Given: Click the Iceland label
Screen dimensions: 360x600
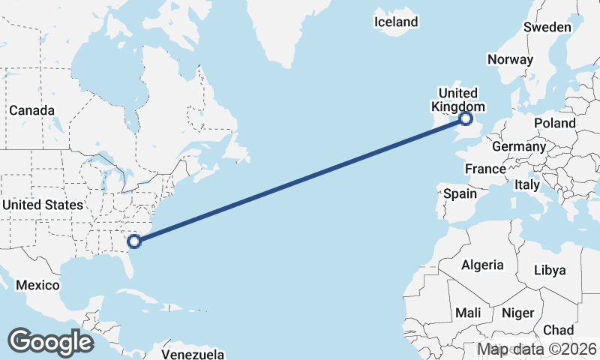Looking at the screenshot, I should point(396,22).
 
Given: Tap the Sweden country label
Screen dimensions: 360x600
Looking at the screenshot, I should point(547,27).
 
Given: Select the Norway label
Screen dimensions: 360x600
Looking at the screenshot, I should point(510,59).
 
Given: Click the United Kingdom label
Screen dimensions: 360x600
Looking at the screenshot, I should point(457,100).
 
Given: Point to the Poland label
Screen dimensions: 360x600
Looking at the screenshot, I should point(555,123).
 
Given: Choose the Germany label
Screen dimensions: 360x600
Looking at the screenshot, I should point(519,146).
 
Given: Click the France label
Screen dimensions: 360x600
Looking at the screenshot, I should point(485,169).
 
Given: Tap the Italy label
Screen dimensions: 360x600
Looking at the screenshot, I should point(528,184).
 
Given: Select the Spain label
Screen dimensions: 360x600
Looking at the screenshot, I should point(460,193).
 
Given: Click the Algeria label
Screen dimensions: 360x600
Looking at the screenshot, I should point(481,265).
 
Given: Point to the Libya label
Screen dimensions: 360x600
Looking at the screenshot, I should point(549,270).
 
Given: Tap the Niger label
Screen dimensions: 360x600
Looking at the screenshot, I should point(517,313).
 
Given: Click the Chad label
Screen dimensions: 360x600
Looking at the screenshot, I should point(558,330).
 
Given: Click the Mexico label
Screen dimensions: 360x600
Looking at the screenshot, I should point(37,286).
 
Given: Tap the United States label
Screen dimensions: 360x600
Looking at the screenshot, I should point(42,205).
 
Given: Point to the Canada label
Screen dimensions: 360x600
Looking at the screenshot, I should point(31,110).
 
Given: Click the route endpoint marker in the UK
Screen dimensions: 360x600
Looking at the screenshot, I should point(466,118).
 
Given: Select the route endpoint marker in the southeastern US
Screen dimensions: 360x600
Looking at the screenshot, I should point(134,241).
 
